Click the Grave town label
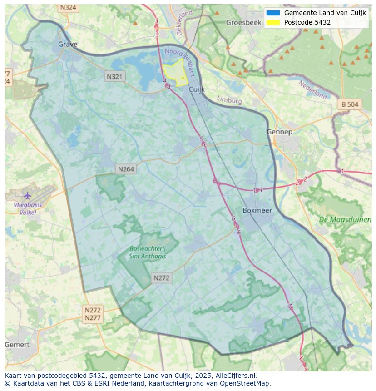(68, 44)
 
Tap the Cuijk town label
(197, 89)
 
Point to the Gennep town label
(279, 132)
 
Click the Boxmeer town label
(257, 210)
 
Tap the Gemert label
(17, 345)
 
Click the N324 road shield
(68, 8)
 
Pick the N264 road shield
(126, 169)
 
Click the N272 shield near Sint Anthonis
(161, 278)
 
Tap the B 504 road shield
(350, 104)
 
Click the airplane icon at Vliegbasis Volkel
(28, 196)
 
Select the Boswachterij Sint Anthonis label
(148, 252)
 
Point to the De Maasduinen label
(345, 219)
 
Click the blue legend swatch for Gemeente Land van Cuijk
(273, 13)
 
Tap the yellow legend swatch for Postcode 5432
(273, 22)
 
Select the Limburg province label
(229, 100)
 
